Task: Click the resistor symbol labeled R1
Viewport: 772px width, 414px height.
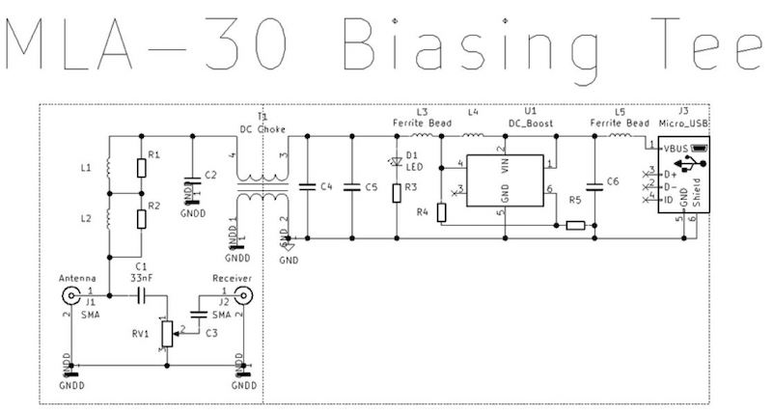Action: [141, 168]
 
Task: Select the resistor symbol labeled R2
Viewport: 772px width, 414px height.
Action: [141, 216]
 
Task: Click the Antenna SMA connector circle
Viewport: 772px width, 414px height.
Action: [70, 291]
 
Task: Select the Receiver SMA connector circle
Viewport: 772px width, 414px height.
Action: [237, 291]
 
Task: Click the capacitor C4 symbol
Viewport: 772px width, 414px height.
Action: [307, 185]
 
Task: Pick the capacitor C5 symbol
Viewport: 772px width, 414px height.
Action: [353, 185]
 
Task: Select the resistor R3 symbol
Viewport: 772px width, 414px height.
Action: [396, 192]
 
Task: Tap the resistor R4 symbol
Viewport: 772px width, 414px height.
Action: [442, 210]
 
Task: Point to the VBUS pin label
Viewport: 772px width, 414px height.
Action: [676, 148]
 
